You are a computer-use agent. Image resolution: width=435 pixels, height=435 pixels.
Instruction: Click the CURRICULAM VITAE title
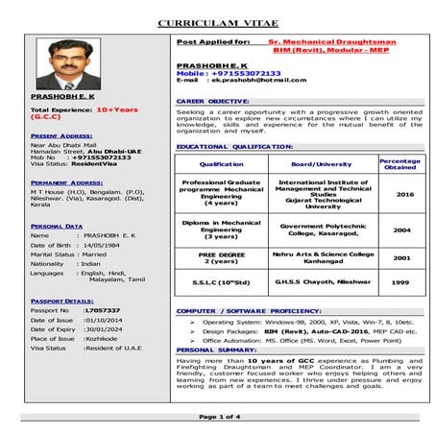[x=217, y=20]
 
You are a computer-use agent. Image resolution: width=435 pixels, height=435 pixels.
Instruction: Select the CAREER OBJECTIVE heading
[x=213, y=100]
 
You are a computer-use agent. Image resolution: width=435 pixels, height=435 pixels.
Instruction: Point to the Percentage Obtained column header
[x=400, y=164]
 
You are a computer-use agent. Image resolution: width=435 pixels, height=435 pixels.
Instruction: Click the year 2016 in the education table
[x=403, y=194]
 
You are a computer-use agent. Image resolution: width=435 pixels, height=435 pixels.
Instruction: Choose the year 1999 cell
[x=400, y=282]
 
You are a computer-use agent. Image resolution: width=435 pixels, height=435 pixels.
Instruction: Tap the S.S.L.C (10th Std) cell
[x=222, y=282]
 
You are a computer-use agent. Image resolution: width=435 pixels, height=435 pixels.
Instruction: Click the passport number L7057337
[x=102, y=310]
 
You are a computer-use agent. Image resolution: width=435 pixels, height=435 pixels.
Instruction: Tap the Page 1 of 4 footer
[x=218, y=418]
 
